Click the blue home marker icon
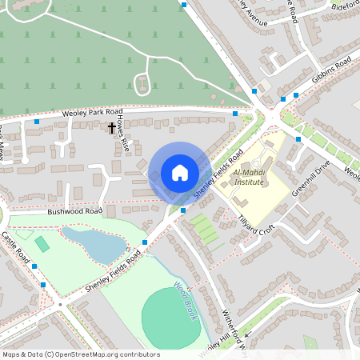[x=180, y=173]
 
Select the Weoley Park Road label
[x=91, y=114]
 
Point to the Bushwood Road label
[x=74, y=212]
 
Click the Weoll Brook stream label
[x=186, y=299]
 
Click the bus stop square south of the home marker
[x=183, y=210]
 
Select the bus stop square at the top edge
[x=184, y=5]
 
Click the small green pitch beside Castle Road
[x=42, y=242]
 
